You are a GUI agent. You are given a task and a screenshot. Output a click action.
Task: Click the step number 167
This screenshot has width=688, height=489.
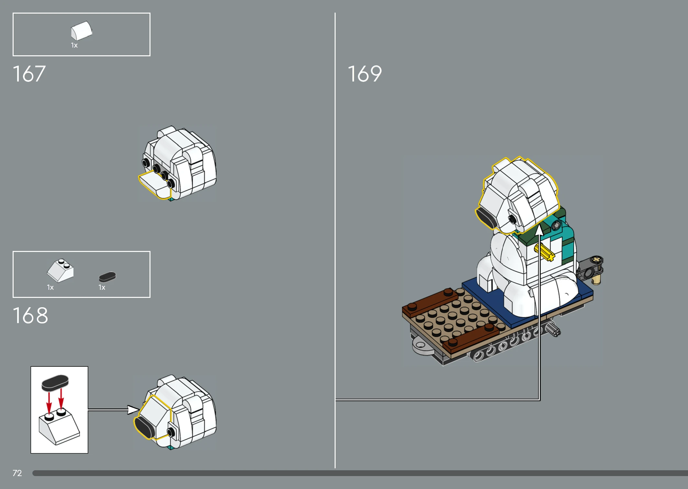[x=29, y=74]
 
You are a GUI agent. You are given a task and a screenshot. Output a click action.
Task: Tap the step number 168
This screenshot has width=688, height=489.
[x=30, y=315]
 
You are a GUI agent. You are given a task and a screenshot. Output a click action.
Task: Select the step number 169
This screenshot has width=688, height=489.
[x=365, y=74]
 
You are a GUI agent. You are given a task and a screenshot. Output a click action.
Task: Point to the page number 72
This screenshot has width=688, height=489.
[x=17, y=473]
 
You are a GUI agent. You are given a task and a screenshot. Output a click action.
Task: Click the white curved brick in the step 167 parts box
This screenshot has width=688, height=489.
[x=82, y=31]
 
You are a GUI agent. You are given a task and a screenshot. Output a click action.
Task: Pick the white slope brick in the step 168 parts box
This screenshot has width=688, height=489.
[x=61, y=270]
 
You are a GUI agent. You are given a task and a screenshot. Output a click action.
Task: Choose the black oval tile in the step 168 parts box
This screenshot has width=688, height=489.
[x=107, y=277]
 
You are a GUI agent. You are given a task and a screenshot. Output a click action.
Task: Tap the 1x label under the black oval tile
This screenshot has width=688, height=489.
[x=102, y=288]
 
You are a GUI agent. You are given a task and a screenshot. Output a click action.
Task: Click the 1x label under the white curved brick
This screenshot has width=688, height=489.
[x=74, y=45]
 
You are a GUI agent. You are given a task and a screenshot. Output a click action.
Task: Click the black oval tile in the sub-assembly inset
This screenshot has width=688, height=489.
[x=55, y=383]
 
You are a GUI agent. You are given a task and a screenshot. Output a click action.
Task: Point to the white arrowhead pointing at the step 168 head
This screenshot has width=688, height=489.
[x=133, y=410]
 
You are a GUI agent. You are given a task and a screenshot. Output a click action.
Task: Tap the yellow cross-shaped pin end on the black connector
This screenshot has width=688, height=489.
[x=596, y=259]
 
